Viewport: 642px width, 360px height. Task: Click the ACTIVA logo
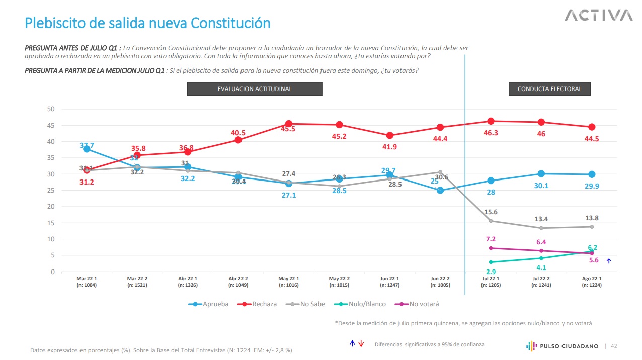(x=598, y=16)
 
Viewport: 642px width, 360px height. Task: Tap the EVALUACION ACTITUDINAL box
(x=255, y=89)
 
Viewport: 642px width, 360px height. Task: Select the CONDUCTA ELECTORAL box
(x=549, y=89)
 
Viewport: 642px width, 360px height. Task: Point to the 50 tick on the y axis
(x=51, y=109)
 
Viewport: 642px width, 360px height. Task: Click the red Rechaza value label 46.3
(x=491, y=133)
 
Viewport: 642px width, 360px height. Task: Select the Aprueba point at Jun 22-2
(x=440, y=191)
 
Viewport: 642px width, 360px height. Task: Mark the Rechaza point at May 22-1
(x=289, y=124)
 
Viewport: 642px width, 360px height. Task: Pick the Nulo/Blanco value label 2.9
(x=491, y=272)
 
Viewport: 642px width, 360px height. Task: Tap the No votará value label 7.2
(x=491, y=239)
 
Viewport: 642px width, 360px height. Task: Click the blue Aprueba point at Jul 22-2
(x=541, y=173)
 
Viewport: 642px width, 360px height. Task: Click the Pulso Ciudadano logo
(x=563, y=346)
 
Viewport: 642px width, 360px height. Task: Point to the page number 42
(x=614, y=346)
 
